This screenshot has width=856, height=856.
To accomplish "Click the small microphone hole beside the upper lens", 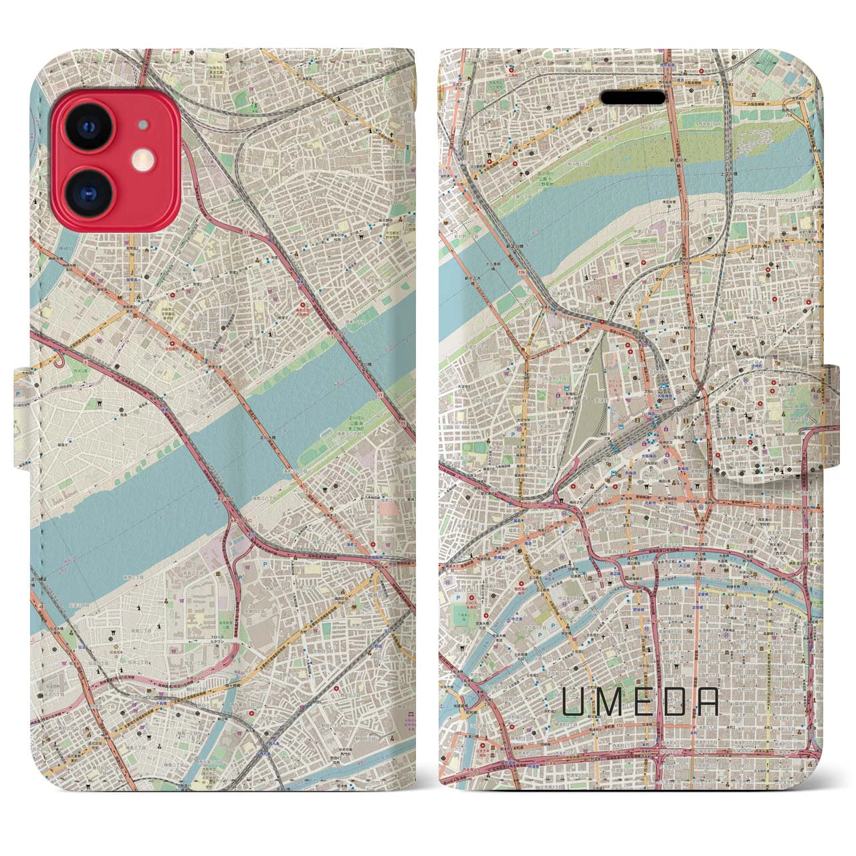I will (x=142, y=124).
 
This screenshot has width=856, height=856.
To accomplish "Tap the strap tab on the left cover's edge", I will (x=21, y=395).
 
